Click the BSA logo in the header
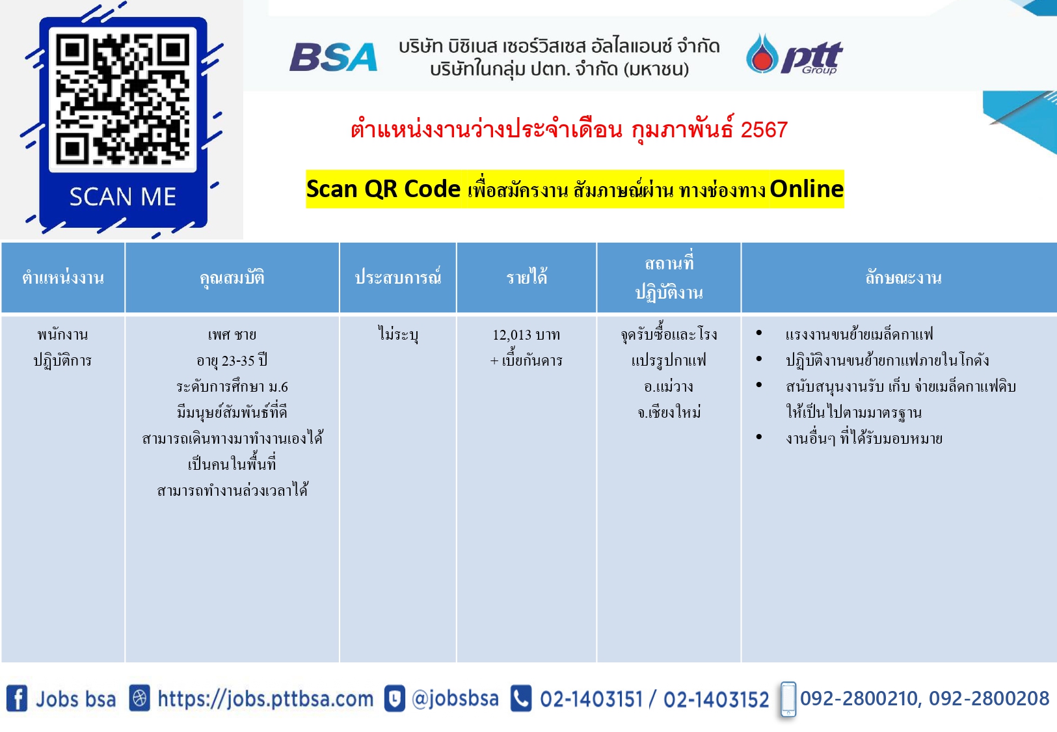click(333, 57)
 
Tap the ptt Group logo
click(795, 54)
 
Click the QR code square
click(123, 99)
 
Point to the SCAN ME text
click(123, 197)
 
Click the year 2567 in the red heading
click(764, 129)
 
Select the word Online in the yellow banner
click(807, 189)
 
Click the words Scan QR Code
click(383, 189)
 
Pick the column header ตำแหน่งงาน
click(62, 277)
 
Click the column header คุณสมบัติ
click(232, 277)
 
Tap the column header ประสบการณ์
click(398, 277)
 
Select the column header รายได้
click(527, 277)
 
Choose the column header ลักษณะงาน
click(903, 277)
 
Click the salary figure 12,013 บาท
click(526, 334)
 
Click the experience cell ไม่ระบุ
click(398, 334)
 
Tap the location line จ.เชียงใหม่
click(669, 413)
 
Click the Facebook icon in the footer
click(17, 698)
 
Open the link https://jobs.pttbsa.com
click(265, 699)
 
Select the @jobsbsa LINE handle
click(455, 699)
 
